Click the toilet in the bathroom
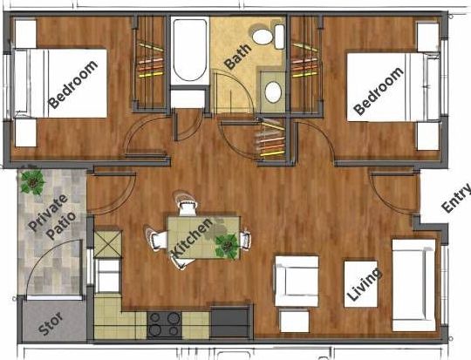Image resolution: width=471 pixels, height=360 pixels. [x=269, y=37]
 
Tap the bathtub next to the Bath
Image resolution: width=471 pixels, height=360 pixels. [x=189, y=51]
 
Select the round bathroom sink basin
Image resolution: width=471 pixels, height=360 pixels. [x=273, y=92]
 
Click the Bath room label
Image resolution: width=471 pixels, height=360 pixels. [x=237, y=57]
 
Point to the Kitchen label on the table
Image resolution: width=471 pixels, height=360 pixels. [x=192, y=238]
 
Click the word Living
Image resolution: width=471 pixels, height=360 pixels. [x=364, y=284]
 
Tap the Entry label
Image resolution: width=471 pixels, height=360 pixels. [x=456, y=198]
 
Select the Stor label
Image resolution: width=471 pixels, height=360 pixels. [x=51, y=323]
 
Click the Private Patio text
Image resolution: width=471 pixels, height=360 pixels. [x=52, y=217]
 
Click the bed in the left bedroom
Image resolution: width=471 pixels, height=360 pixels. [x=61, y=83]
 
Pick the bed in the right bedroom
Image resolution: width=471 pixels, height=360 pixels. [x=393, y=87]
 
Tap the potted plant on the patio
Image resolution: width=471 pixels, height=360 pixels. [x=32, y=181]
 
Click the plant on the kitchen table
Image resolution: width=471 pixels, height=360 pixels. [x=227, y=246]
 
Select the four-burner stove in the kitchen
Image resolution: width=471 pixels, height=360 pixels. [x=164, y=324]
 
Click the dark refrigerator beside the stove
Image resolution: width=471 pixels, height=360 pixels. [x=229, y=322]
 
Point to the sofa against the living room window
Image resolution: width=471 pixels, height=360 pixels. [x=414, y=285]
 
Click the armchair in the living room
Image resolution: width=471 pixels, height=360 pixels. [x=297, y=281]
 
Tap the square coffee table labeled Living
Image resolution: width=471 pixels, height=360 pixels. [x=361, y=284]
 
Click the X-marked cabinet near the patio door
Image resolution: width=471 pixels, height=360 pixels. [x=108, y=244]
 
